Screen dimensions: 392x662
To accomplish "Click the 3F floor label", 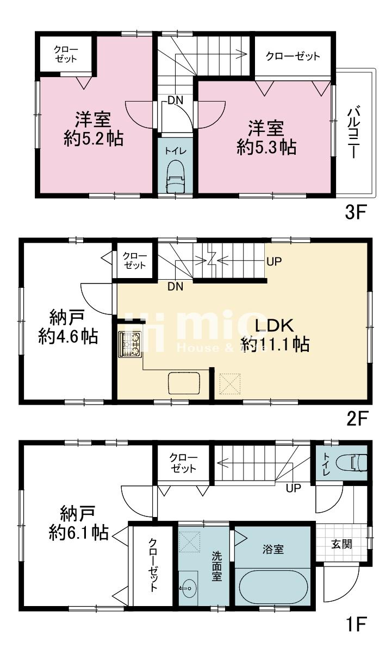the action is [x=356, y=212].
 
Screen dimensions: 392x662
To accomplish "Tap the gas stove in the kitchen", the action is [x=129, y=344].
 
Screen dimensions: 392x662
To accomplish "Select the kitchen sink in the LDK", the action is [x=184, y=383].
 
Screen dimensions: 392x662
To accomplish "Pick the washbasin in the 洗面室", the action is [x=188, y=588].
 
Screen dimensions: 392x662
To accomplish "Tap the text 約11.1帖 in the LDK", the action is [x=275, y=345].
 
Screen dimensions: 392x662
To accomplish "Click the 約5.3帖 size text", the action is [x=266, y=147].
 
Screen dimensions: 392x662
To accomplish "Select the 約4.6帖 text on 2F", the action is [x=68, y=336].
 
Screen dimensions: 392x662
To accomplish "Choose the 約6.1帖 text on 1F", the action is [x=78, y=533].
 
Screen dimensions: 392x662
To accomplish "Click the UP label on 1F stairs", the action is [x=293, y=488].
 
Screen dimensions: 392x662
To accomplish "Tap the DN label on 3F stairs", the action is [x=176, y=100].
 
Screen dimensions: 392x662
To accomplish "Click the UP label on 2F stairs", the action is [x=274, y=261].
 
